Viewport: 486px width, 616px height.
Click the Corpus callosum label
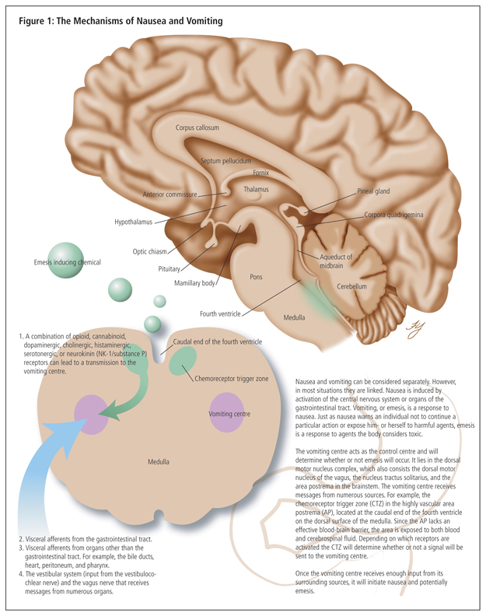197,128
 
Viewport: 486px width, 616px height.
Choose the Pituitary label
169,268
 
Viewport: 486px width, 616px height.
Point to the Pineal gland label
373,191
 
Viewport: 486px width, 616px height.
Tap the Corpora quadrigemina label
393,215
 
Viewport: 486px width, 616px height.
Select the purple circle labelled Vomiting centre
229,413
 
